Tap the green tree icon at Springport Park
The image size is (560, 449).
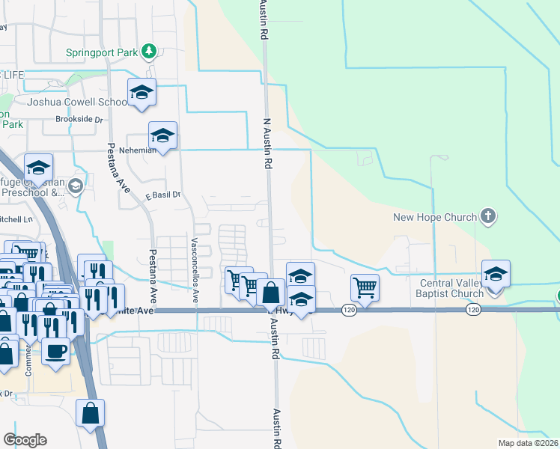pyautogui.click(x=150, y=51)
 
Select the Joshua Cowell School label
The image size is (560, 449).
pyautogui.click(x=77, y=102)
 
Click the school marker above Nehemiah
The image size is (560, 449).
pyautogui.click(x=162, y=136)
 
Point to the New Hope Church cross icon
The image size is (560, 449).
pyautogui.click(x=487, y=217)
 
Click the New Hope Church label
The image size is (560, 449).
pyautogui.click(x=435, y=218)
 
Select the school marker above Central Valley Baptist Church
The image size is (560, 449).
pyautogui.click(x=496, y=275)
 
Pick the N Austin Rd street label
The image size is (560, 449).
pyautogui.click(x=266, y=141)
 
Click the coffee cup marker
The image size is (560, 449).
pyautogui.click(x=56, y=350)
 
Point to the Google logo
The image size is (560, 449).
pyautogui.click(x=25, y=439)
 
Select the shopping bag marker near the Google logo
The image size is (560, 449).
pyautogui.click(x=90, y=414)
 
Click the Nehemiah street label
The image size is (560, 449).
pyautogui.click(x=142, y=150)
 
